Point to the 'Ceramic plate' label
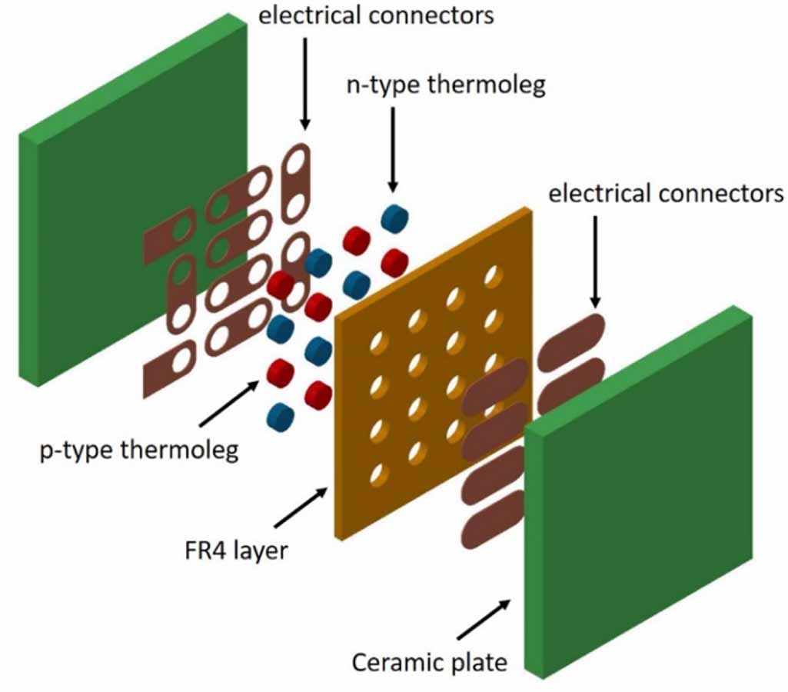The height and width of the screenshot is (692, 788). [x=431, y=661]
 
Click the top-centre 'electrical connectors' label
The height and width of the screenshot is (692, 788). [x=376, y=15]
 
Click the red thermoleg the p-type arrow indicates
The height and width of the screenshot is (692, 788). [x=281, y=374]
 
